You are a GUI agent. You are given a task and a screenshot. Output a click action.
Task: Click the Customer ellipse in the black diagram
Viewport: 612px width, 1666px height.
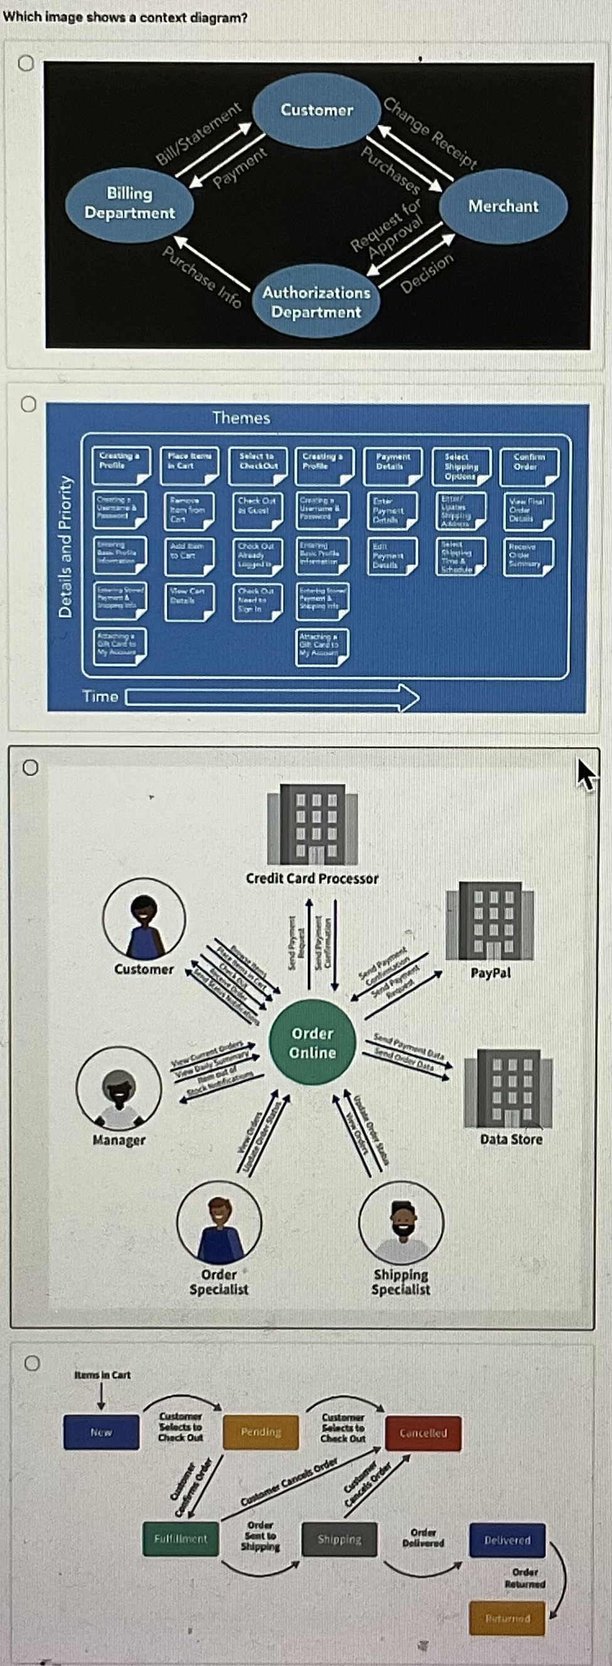point(316,110)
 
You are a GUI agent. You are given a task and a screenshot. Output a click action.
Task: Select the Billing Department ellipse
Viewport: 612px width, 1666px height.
point(129,203)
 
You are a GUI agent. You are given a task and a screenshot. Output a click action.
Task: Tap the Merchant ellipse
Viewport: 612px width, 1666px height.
point(503,206)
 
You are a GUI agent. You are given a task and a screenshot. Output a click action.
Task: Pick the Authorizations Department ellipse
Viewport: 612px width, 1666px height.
point(316,302)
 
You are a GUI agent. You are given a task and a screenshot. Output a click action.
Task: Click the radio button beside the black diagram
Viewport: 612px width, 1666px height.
point(25,63)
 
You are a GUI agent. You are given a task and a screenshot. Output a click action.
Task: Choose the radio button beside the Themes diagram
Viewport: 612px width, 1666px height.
point(28,404)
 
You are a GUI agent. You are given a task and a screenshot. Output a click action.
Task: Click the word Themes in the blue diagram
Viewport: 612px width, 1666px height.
point(240,418)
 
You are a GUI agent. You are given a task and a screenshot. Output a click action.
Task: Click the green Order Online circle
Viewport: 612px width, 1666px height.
point(313,1043)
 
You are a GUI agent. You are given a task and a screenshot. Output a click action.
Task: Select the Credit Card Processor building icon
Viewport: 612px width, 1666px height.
point(313,825)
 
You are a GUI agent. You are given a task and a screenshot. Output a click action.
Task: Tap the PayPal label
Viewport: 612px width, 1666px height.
point(490,973)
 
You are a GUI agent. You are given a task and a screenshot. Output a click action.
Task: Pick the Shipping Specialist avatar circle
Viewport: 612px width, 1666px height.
point(401,1223)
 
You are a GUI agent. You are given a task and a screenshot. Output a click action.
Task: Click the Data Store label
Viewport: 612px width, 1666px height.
point(511,1139)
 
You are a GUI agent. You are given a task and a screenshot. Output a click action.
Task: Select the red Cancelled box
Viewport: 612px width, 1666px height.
point(423,1433)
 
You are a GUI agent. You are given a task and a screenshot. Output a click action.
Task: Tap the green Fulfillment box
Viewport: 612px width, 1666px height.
point(181,1539)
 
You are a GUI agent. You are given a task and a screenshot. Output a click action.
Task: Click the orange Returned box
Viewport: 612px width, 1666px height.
point(507,1618)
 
